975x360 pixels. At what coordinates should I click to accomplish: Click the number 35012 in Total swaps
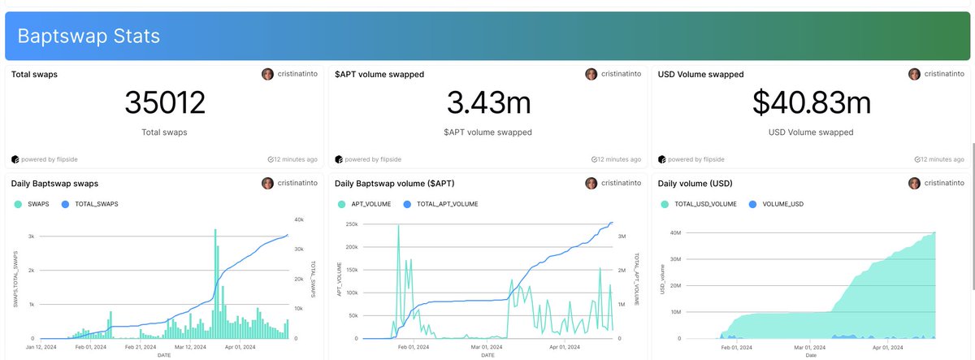tap(165, 103)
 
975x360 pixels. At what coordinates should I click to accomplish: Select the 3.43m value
tap(487, 103)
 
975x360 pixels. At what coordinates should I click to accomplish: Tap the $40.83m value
tap(811, 103)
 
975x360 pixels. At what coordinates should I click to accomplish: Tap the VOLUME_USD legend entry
tap(782, 204)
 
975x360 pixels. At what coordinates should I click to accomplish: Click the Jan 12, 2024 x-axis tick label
tap(41, 346)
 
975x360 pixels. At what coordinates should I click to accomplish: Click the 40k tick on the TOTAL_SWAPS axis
tap(298, 219)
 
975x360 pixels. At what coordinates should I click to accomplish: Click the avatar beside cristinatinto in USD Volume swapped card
tap(915, 74)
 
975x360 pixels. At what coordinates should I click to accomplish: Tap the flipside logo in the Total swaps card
tap(15, 159)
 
